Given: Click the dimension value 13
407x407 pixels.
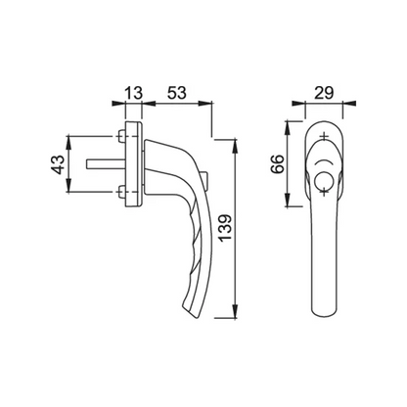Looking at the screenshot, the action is (x=134, y=93).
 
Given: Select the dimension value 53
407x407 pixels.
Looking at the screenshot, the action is (x=177, y=93).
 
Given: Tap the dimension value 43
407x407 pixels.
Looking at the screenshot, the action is (x=59, y=164).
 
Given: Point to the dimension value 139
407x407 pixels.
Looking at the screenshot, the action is (x=225, y=227).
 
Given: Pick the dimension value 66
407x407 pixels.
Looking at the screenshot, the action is (x=278, y=164).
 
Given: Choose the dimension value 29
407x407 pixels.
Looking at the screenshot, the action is (x=324, y=93).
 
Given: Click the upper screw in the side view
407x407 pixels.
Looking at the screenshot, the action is (x=121, y=136).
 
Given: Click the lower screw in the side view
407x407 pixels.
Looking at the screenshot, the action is (x=121, y=192).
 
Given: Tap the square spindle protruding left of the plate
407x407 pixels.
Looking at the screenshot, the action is (x=106, y=164).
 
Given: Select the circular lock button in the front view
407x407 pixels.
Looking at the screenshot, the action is (x=323, y=180).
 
